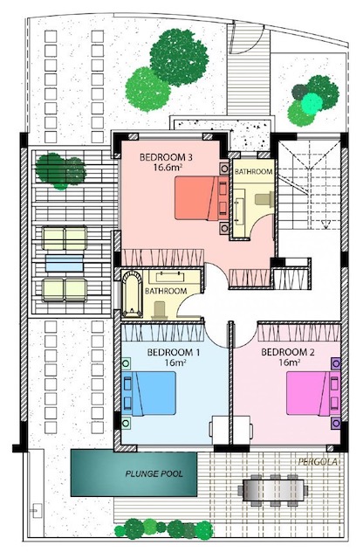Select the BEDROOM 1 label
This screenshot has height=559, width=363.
coord(174,353)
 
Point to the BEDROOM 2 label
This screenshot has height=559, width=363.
coord(288,353)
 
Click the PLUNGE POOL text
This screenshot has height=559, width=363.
coord(154,473)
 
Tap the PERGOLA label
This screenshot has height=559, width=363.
coord(318,462)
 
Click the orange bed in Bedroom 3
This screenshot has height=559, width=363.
coord(202,198)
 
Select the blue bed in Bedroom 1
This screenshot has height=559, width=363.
coord(149,393)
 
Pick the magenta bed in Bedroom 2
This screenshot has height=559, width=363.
coord(313,393)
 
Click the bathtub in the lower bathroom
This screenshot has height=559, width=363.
coord(132,294)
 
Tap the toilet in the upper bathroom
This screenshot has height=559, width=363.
coord(264,200)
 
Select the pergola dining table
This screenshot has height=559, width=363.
coord(274,491)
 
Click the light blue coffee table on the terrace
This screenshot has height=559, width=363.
coord(65,263)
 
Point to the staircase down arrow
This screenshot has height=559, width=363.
coord(325,224)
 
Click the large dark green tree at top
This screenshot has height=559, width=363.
coord(179,58)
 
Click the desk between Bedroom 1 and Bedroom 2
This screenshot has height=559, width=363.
coord(231,429)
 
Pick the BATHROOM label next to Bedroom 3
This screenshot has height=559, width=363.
coord(253,171)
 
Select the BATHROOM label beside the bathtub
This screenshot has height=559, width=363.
coord(166,291)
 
